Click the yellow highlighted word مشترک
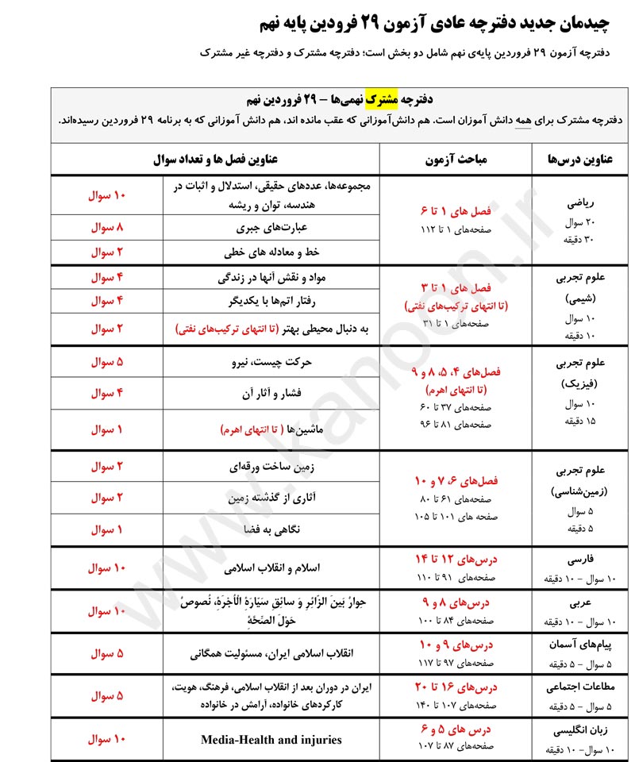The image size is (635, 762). pos(380,99)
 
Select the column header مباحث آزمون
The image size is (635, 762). pos(456,159)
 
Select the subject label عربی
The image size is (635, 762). pos(583,602)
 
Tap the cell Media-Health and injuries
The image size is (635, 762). pos(271,740)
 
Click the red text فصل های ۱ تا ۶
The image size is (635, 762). pos(456,211)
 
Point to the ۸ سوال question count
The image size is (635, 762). pos(109,227)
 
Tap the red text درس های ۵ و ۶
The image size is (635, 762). pos(456,729)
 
